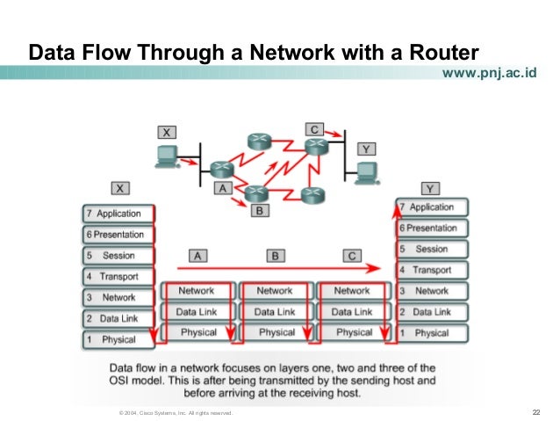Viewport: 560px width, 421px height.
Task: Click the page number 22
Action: click(x=535, y=412)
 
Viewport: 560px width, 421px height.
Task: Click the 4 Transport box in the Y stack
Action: click(x=432, y=270)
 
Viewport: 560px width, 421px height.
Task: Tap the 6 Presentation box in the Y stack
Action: click(x=432, y=228)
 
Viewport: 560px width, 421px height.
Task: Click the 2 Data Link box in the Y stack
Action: click(x=432, y=312)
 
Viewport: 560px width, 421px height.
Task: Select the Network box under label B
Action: click(x=275, y=291)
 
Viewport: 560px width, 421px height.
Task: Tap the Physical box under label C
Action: click(x=353, y=332)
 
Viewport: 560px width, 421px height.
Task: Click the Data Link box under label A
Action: click(x=197, y=312)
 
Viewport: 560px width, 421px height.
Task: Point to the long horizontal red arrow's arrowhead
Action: click(x=378, y=266)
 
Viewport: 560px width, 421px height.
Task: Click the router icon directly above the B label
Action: click(x=256, y=192)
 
